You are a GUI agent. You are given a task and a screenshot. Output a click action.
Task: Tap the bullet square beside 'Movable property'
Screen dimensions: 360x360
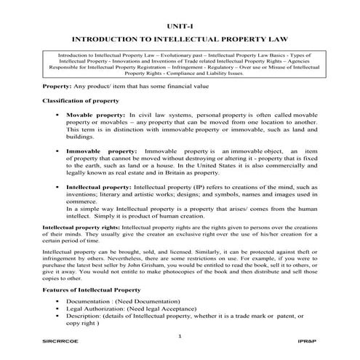(55, 116)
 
